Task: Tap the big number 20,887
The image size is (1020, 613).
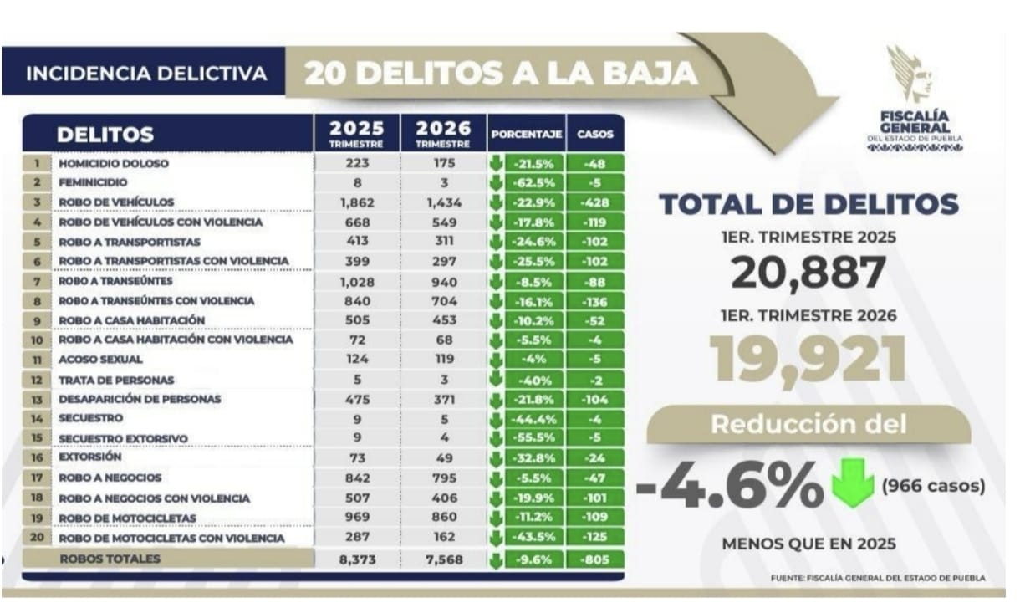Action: (x=808, y=273)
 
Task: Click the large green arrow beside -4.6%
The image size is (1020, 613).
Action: (x=852, y=484)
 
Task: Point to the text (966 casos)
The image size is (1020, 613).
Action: (x=932, y=486)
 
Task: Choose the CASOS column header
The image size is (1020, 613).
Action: (x=595, y=134)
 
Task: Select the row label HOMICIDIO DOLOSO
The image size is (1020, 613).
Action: (x=114, y=164)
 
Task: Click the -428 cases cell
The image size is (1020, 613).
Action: (x=596, y=202)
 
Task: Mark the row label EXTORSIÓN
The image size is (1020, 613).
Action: (x=90, y=457)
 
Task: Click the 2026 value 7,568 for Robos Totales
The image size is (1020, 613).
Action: (x=444, y=560)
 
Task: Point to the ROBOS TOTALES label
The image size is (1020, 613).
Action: (x=110, y=559)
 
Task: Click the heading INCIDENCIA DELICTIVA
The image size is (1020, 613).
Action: (x=146, y=74)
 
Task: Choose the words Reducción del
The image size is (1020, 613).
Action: (x=808, y=424)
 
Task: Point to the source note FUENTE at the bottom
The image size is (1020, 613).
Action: (x=878, y=578)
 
